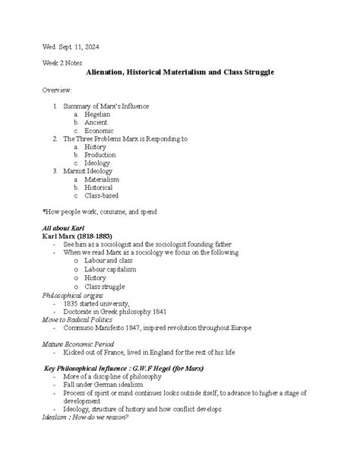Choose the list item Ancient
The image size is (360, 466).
(x=96, y=122)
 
